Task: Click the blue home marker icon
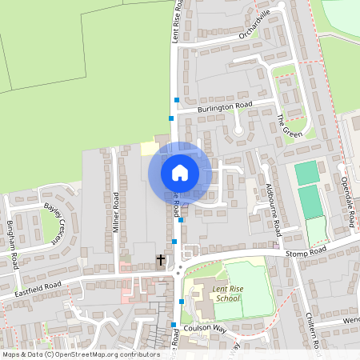pyautogui.click(x=180, y=172)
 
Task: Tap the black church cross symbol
pyautogui.click(x=160, y=260)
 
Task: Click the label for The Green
pyautogui.click(x=289, y=126)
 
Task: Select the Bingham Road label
pyautogui.click(x=12, y=236)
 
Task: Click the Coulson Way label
pyautogui.click(x=205, y=327)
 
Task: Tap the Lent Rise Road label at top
pyautogui.click(x=178, y=20)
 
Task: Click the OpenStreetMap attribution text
pyautogui.click(x=80, y=354)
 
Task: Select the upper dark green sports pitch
pyautogui.click(x=306, y=172)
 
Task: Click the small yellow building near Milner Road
pyautogui.click(x=149, y=149)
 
